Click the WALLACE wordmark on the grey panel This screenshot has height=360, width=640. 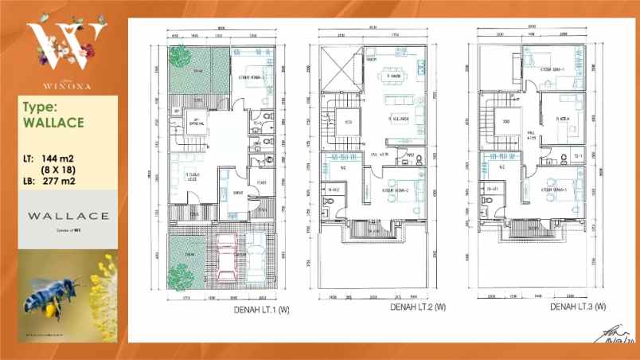coord(67,216)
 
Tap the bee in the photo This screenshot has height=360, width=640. coord(52,295)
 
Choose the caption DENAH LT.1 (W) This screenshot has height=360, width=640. coord(260,310)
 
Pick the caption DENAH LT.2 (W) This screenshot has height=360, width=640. coord(418,307)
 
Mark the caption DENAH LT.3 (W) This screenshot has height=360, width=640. coord(578,307)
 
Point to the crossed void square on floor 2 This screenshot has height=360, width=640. coord(337,68)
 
